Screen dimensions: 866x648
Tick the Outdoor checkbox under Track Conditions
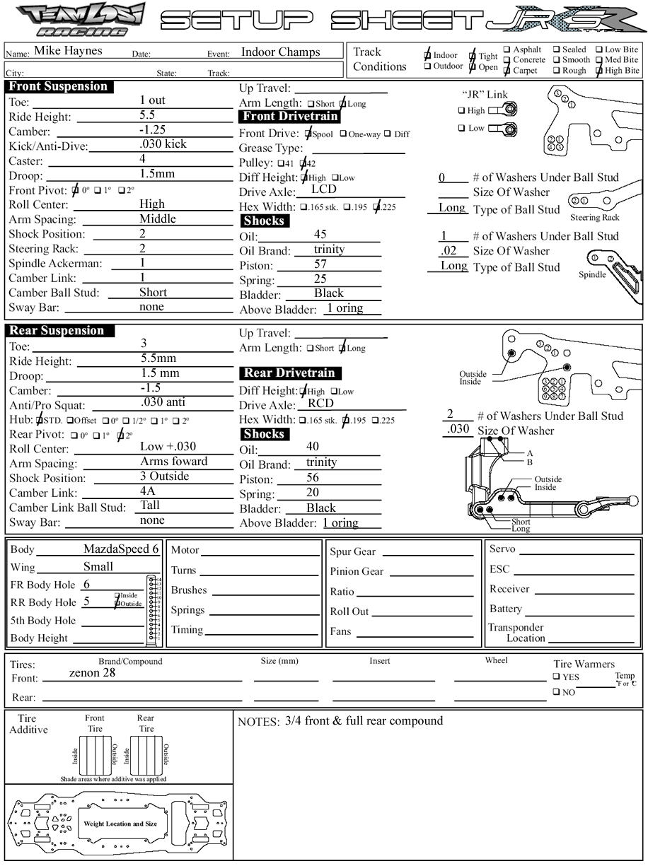coord(428,66)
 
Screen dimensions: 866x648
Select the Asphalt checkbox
coord(507,50)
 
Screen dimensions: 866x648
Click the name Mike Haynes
coord(68,51)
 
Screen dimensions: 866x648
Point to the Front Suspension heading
coord(59,87)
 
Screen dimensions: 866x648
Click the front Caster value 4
coord(142,159)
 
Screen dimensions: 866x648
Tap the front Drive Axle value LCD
coord(324,189)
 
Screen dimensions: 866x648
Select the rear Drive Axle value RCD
coord(320,404)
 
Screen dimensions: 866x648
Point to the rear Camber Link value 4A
coord(147,491)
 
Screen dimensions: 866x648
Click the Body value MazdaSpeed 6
coord(121,549)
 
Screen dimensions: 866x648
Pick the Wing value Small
coord(98,566)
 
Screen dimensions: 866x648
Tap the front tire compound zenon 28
coord(92,673)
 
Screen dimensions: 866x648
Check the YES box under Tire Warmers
coord(557,677)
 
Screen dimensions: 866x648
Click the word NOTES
coord(259,722)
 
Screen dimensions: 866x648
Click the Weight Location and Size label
coord(120,824)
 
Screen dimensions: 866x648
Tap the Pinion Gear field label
coord(357,571)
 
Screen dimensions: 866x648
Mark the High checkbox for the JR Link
coord(461,110)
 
